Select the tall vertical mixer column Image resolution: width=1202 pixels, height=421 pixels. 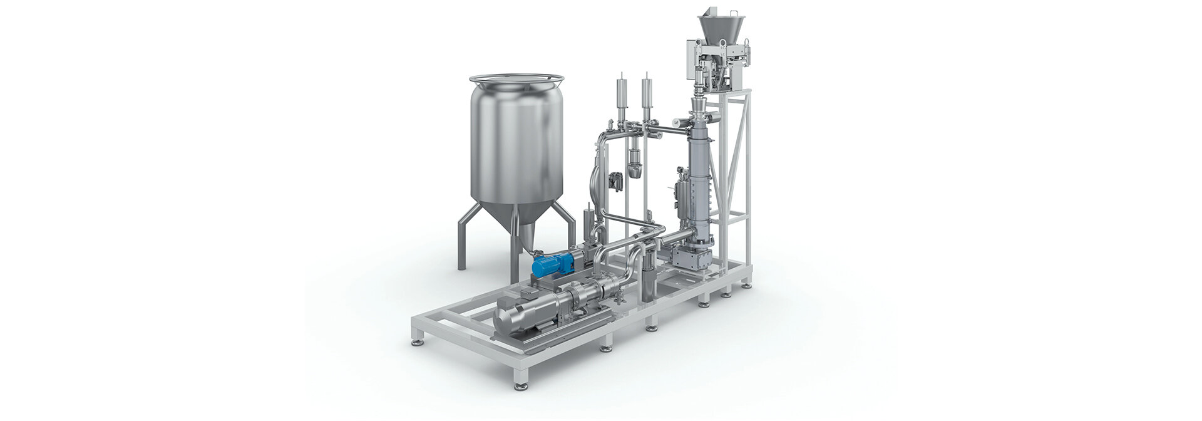tap(698, 169)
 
